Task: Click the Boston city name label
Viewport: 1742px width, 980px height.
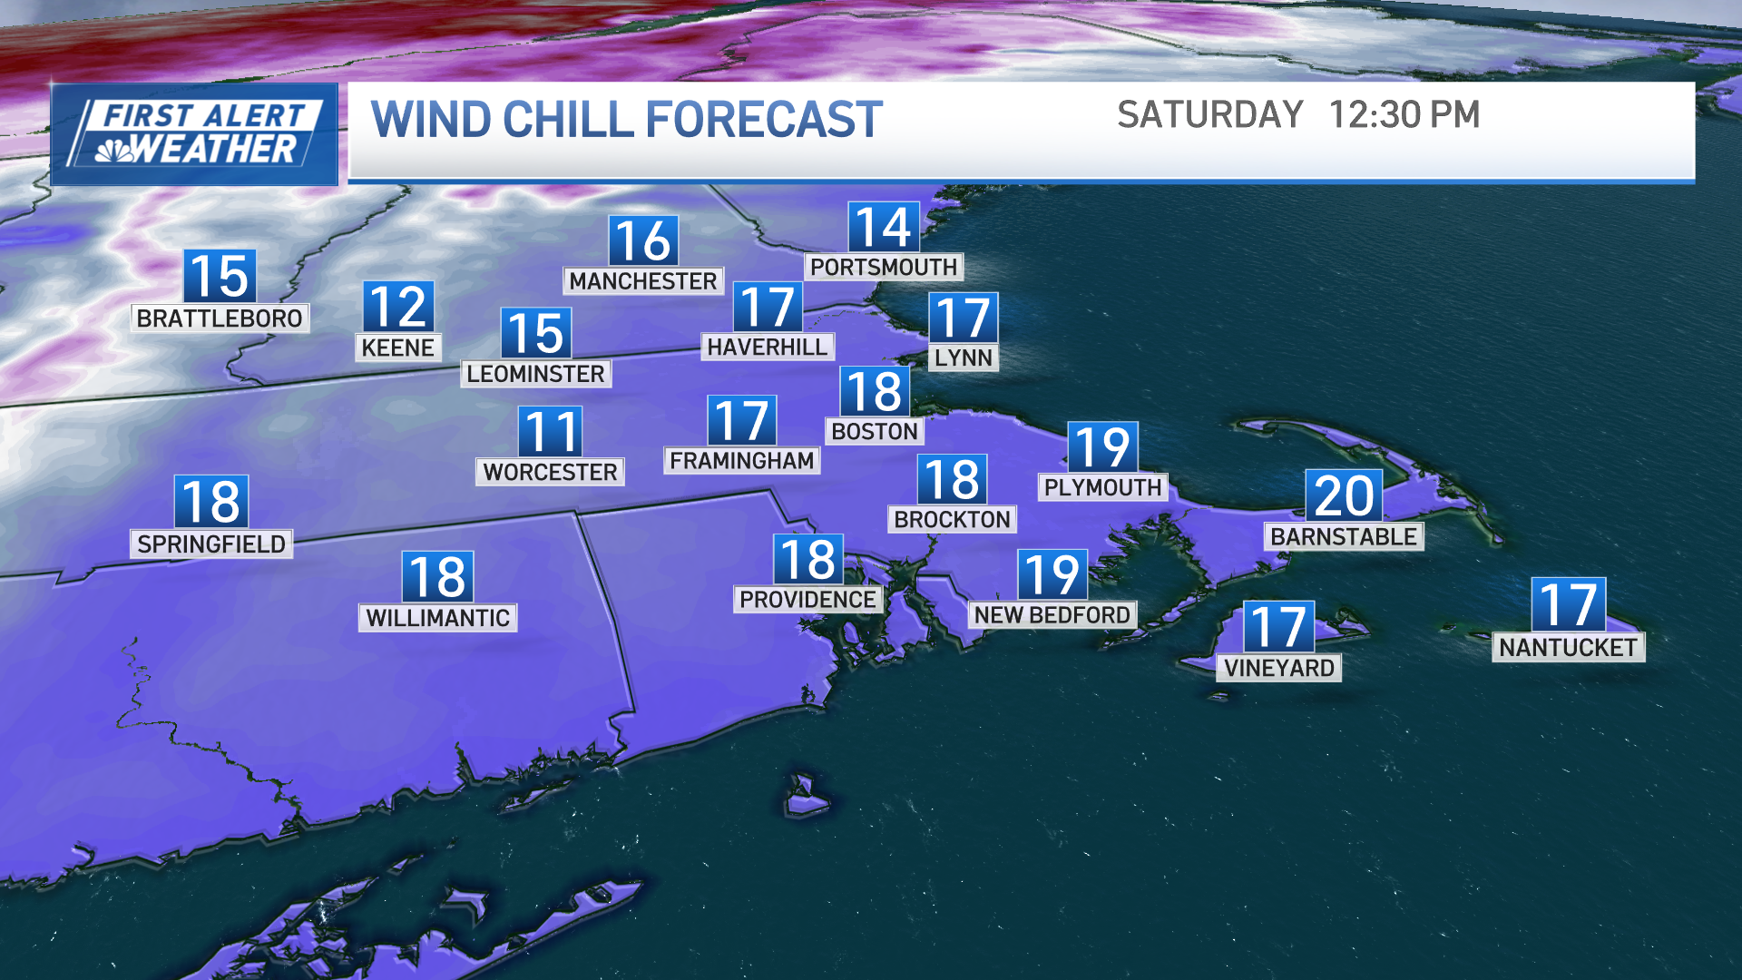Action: tap(875, 431)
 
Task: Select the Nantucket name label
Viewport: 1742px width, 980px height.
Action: tap(1568, 647)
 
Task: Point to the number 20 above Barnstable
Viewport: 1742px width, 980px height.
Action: tap(1344, 495)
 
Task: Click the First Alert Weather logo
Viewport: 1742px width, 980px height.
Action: tap(194, 134)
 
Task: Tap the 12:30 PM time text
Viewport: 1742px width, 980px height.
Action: tap(1404, 115)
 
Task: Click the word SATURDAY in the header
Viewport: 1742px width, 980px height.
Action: tap(1209, 115)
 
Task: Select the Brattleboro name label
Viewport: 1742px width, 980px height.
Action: tap(220, 318)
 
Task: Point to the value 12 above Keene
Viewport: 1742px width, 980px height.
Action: tap(398, 307)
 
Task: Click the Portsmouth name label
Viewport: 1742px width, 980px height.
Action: tap(884, 267)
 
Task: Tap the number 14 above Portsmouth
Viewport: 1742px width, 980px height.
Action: tap(884, 227)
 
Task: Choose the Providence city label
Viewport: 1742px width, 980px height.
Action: tap(807, 600)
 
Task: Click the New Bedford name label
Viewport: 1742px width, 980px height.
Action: tap(1052, 615)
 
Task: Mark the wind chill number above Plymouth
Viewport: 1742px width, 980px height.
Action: tap(1102, 446)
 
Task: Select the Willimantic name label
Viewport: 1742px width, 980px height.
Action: tap(438, 618)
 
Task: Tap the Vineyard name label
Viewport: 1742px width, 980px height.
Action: tap(1279, 668)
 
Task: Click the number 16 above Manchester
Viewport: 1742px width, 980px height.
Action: tap(643, 241)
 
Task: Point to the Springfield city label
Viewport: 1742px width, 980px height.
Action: tap(211, 544)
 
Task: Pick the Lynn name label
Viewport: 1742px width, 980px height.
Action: tap(964, 358)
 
